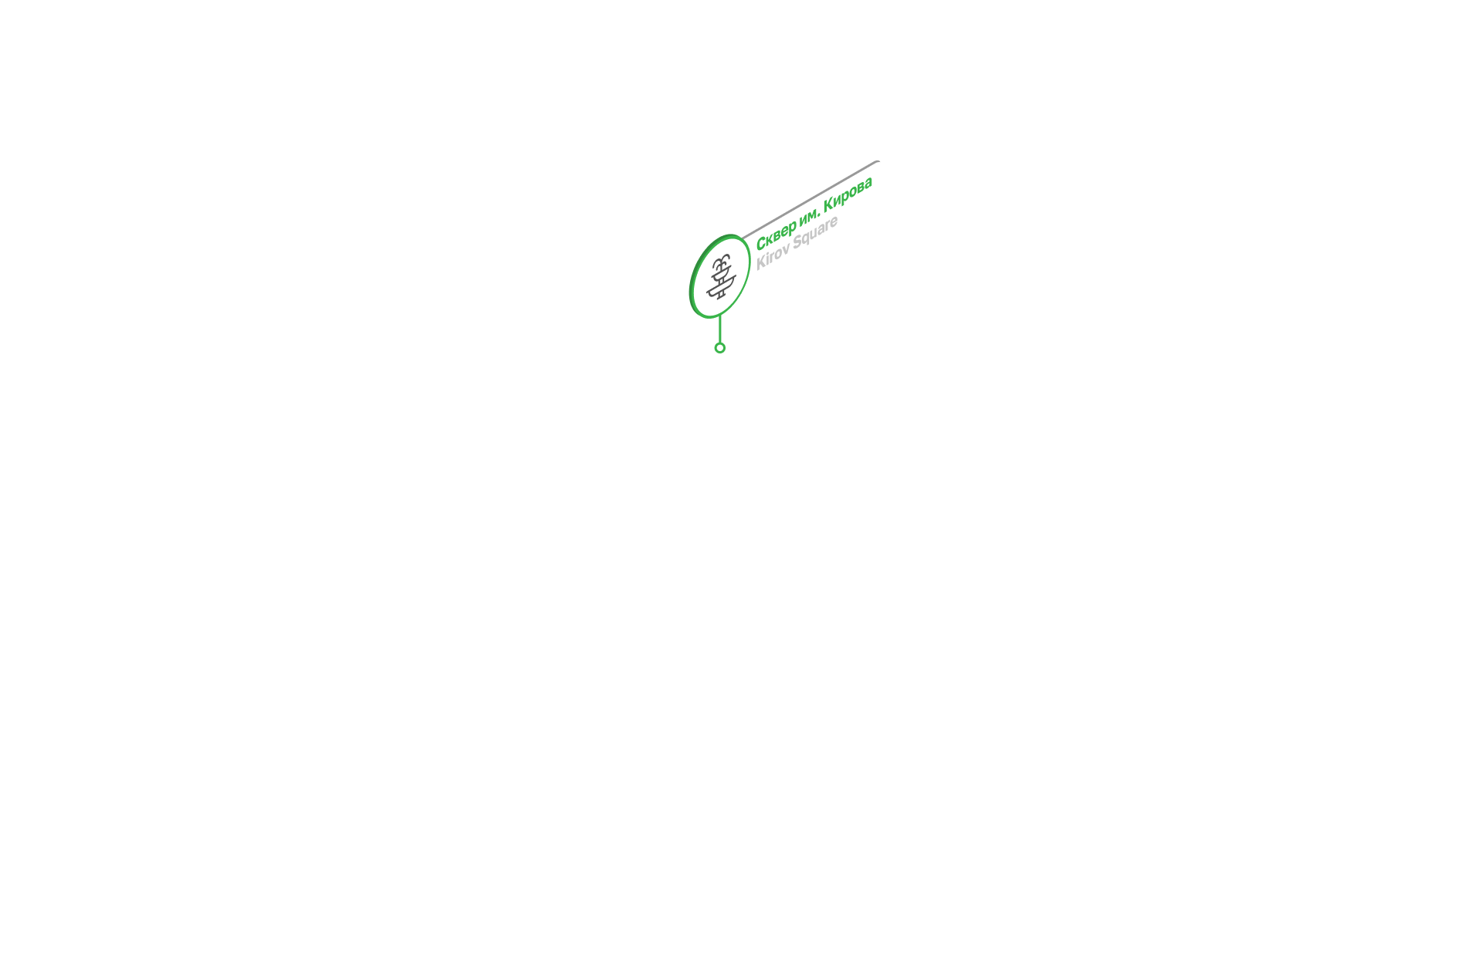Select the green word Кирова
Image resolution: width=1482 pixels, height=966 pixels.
(x=848, y=196)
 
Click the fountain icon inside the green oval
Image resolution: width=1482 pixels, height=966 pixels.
(x=721, y=278)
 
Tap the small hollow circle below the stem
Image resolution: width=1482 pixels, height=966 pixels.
(x=720, y=348)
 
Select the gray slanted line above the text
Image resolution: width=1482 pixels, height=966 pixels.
(x=810, y=199)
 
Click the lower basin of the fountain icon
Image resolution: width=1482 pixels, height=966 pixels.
(x=721, y=285)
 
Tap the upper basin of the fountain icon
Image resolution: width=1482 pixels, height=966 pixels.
(x=721, y=272)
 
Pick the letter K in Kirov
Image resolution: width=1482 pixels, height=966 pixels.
(x=761, y=262)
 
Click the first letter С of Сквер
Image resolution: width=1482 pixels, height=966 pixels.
(x=761, y=243)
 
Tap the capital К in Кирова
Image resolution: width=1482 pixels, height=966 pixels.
(x=829, y=204)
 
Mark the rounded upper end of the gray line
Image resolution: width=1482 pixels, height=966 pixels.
(x=878, y=161)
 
